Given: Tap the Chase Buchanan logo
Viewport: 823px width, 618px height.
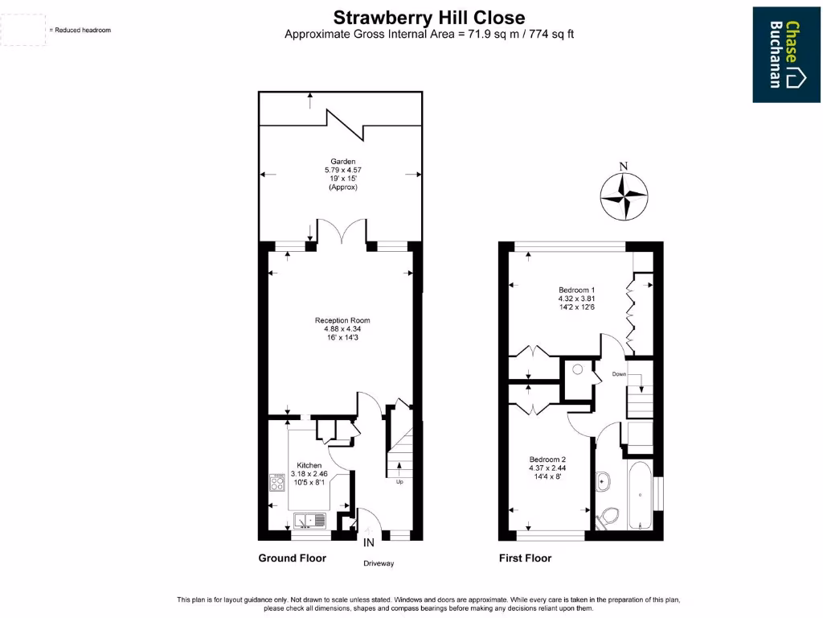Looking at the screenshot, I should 786,54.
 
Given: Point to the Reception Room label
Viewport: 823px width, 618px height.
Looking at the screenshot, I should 342,320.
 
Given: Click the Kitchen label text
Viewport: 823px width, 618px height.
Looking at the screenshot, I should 309,465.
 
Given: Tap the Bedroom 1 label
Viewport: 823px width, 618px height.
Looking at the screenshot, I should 576,290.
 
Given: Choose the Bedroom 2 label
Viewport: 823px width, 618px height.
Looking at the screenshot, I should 547,459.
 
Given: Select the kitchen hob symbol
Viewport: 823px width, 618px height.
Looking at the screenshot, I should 278,483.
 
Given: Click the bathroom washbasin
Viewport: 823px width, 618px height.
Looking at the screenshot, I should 604,482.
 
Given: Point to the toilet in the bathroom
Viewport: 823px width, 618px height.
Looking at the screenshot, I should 608,516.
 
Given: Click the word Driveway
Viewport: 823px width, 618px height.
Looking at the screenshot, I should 379,563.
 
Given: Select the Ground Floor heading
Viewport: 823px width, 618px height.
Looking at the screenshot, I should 292,558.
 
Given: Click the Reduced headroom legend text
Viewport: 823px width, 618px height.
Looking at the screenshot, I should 80,30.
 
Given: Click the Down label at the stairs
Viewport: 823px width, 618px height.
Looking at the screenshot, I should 619,374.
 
